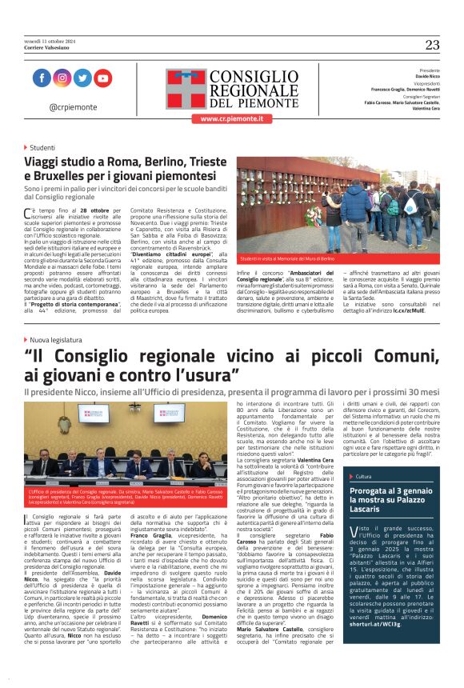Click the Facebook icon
(42, 78)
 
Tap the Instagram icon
(62, 78)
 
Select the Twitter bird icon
(82, 78)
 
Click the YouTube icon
(102, 78)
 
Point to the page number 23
(432, 45)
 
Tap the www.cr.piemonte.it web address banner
(231, 118)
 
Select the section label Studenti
(42, 148)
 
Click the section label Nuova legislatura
(58, 339)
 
